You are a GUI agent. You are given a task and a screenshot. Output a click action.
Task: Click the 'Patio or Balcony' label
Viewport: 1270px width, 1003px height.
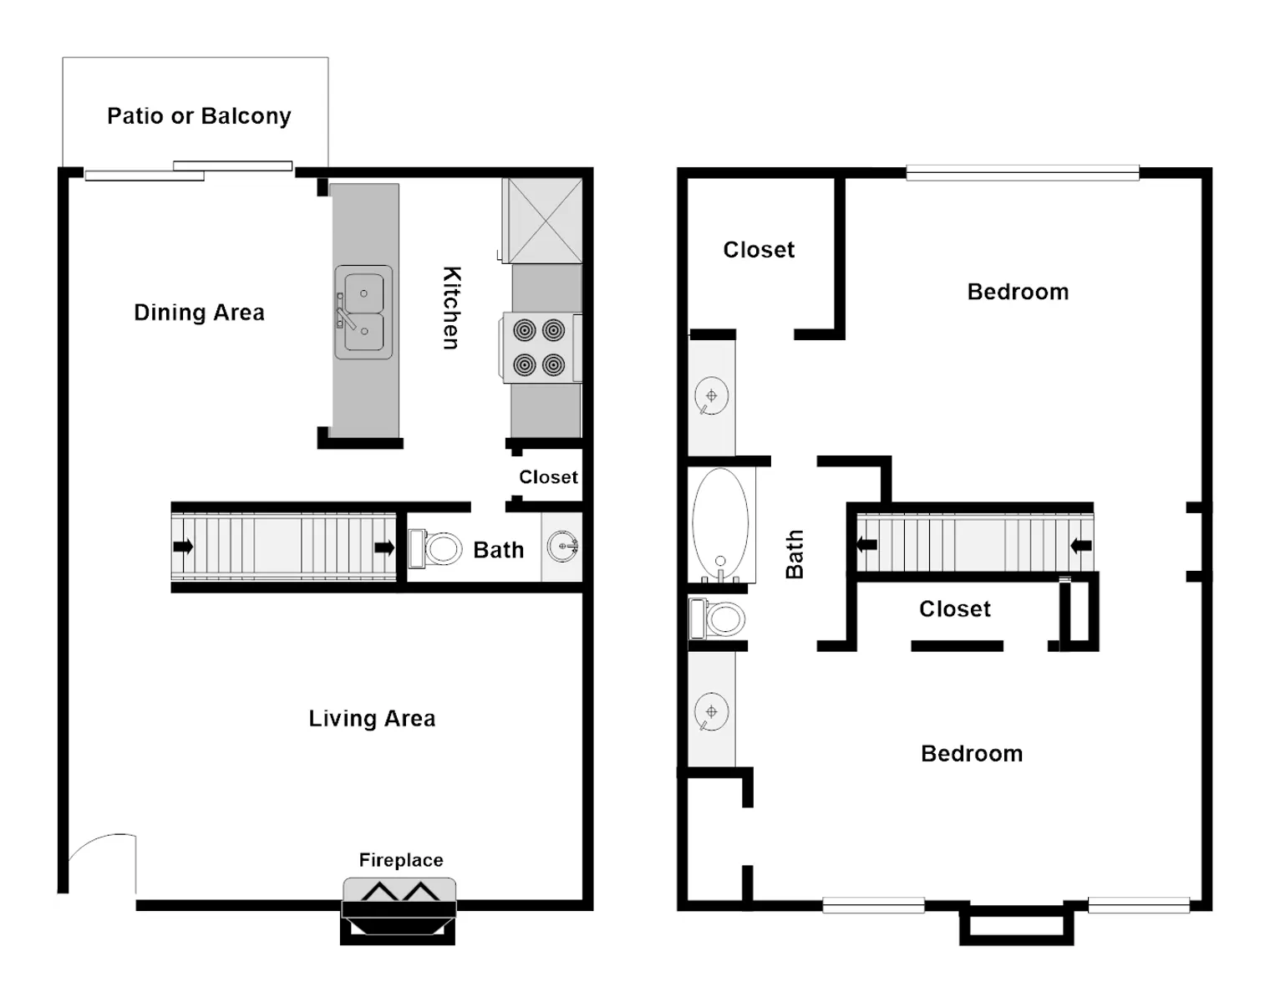(199, 116)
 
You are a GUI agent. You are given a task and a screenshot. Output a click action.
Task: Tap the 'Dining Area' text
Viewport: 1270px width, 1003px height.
(199, 313)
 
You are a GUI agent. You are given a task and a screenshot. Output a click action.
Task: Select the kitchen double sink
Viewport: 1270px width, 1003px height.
(363, 313)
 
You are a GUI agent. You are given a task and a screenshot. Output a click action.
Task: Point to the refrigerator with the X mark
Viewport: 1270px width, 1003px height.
(544, 221)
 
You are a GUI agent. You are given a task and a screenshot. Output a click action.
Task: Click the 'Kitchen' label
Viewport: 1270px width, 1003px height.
(451, 308)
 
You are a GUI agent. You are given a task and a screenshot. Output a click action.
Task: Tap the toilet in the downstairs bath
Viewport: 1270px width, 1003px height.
(435, 549)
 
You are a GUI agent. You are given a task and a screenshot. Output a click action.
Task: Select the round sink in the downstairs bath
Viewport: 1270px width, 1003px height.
(562, 547)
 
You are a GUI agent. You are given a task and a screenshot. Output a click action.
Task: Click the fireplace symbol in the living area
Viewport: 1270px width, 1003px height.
(399, 911)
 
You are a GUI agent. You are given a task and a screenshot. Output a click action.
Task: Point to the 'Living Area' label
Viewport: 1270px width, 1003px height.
(373, 719)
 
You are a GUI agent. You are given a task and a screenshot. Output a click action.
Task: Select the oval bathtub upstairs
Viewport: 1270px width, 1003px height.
(720, 524)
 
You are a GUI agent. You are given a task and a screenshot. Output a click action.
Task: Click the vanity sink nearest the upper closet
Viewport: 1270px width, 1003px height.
(712, 396)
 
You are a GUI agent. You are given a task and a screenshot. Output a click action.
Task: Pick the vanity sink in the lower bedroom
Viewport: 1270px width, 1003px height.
(712, 713)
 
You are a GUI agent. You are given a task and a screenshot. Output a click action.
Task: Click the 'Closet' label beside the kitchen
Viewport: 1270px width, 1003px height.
(548, 477)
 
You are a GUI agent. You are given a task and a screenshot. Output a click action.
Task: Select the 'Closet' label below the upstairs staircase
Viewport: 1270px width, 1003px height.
(955, 608)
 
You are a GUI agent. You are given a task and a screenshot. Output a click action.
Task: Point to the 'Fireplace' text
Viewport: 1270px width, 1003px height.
(401, 860)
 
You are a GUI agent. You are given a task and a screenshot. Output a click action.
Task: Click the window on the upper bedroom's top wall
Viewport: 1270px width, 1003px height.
(1023, 172)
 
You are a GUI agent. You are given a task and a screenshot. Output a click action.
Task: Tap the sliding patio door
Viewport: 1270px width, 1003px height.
(189, 171)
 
